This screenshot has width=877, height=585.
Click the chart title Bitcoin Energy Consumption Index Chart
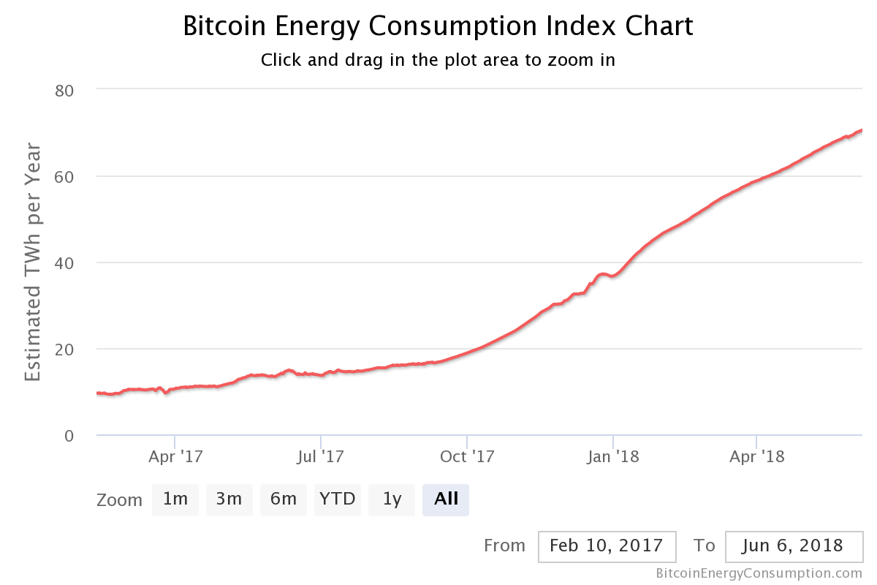pos(438,26)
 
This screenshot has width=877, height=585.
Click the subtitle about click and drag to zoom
pos(438,60)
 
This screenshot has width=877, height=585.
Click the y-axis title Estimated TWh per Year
pos(34,263)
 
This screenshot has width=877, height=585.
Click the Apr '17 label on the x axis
pos(175,457)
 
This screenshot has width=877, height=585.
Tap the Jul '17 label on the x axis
pos(322,457)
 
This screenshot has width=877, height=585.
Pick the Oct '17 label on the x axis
pos(468,457)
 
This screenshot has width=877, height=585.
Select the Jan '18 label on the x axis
pos(614,457)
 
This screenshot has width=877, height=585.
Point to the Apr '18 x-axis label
pos(758,457)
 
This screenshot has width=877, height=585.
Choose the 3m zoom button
pos(229,499)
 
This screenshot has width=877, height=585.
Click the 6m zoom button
pos(284,499)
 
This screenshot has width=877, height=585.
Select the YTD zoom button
pos(338,499)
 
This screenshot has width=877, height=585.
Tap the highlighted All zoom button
pos(446,499)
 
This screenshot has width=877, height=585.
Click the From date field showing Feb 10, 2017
pos(607,546)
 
